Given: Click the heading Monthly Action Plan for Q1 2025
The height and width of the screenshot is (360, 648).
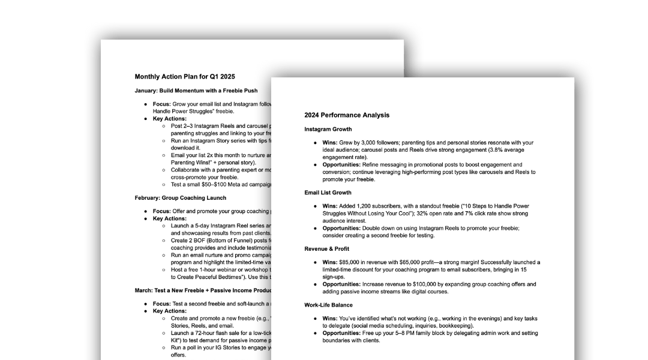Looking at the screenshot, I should [185, 76].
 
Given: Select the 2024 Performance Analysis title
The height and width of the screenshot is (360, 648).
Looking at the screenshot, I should [347, 115].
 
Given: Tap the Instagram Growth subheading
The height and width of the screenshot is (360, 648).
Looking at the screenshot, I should [328, 129].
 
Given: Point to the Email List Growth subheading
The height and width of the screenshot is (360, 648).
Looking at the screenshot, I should [328, 193].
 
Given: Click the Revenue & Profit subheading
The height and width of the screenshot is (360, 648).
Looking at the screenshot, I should [326, 248].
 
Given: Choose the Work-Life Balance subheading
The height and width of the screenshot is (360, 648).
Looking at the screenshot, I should [327, 305].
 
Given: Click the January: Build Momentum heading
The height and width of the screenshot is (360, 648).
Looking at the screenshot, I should [196, 91].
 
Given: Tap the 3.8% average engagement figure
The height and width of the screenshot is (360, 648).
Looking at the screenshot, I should [480, 150].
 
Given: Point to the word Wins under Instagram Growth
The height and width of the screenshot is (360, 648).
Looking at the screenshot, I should [330, 143].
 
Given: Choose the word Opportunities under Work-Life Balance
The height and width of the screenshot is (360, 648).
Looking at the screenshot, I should [341, 333].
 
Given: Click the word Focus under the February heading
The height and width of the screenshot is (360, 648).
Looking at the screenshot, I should [161, 211].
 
